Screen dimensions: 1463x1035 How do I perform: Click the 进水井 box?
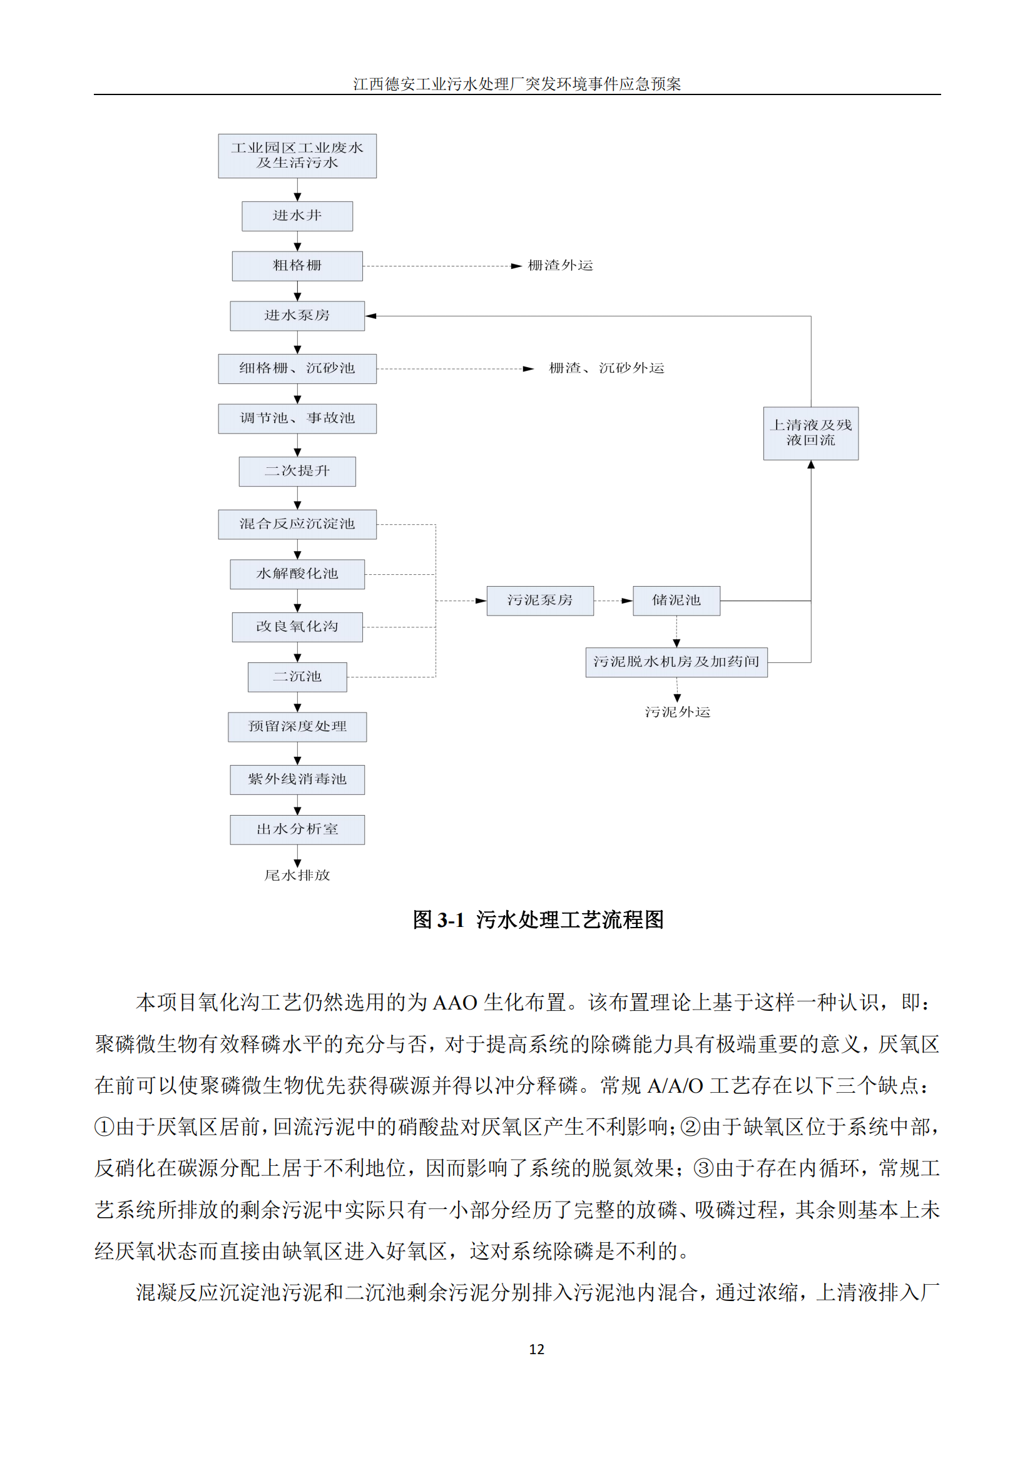(x=297, y=216)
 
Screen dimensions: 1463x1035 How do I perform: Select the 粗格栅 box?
(x=297, y=266)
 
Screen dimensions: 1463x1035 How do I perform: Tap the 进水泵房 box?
(x=297, y=315)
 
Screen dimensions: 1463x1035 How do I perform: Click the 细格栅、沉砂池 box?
(x=297, y=368)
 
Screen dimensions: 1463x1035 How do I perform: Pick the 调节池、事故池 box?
(x=297, y=418)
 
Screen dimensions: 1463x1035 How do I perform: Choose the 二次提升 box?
(x=297, y=472)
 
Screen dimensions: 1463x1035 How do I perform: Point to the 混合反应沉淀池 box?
(x=297, y=524)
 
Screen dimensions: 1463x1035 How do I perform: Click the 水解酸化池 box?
(x=297, y=574)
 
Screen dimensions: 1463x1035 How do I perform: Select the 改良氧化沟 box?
(x=297, y=627)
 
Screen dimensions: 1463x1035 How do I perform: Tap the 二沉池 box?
(x=297, y=677)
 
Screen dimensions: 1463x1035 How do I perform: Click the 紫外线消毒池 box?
(x=297, y=779)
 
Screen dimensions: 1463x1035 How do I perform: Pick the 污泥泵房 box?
(x=540, y=600)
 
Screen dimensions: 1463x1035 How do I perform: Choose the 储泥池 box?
(x=676, y=600)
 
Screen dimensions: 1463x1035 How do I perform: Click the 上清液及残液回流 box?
(x=810, y=433)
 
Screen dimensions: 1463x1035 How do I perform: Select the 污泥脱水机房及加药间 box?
(x=676, y=662)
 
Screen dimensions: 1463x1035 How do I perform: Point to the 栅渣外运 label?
(x=560, y=266)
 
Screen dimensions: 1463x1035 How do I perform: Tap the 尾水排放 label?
(x=297, y=876)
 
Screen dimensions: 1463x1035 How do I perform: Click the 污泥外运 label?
(x=678, y=712)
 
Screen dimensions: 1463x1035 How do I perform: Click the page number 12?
(x=537, y=1349)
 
